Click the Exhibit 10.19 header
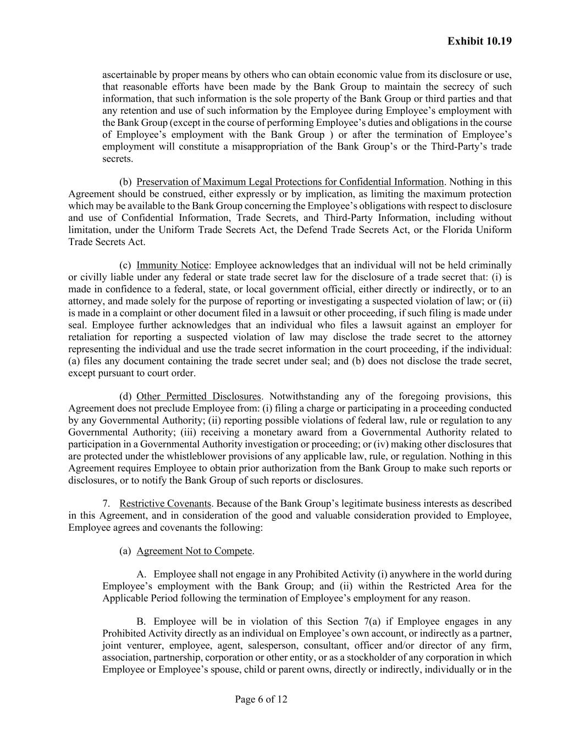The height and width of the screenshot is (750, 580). pyautogui.click(x=479, y=41)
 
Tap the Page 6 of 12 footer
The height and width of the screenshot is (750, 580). pyautogui.click(x=261, y=699)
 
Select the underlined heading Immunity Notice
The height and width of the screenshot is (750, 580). pyautogui.click(x=173, y=265)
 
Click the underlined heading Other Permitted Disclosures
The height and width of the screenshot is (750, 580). pyautogui.click(x=198, y=397)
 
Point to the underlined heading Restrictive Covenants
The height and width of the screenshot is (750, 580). pyautogui.click(x=165, y=504)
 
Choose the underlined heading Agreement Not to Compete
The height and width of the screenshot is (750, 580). pyautogui.click(x=195, y=551)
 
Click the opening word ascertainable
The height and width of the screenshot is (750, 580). pyautogui.click(x=130, y=75)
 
